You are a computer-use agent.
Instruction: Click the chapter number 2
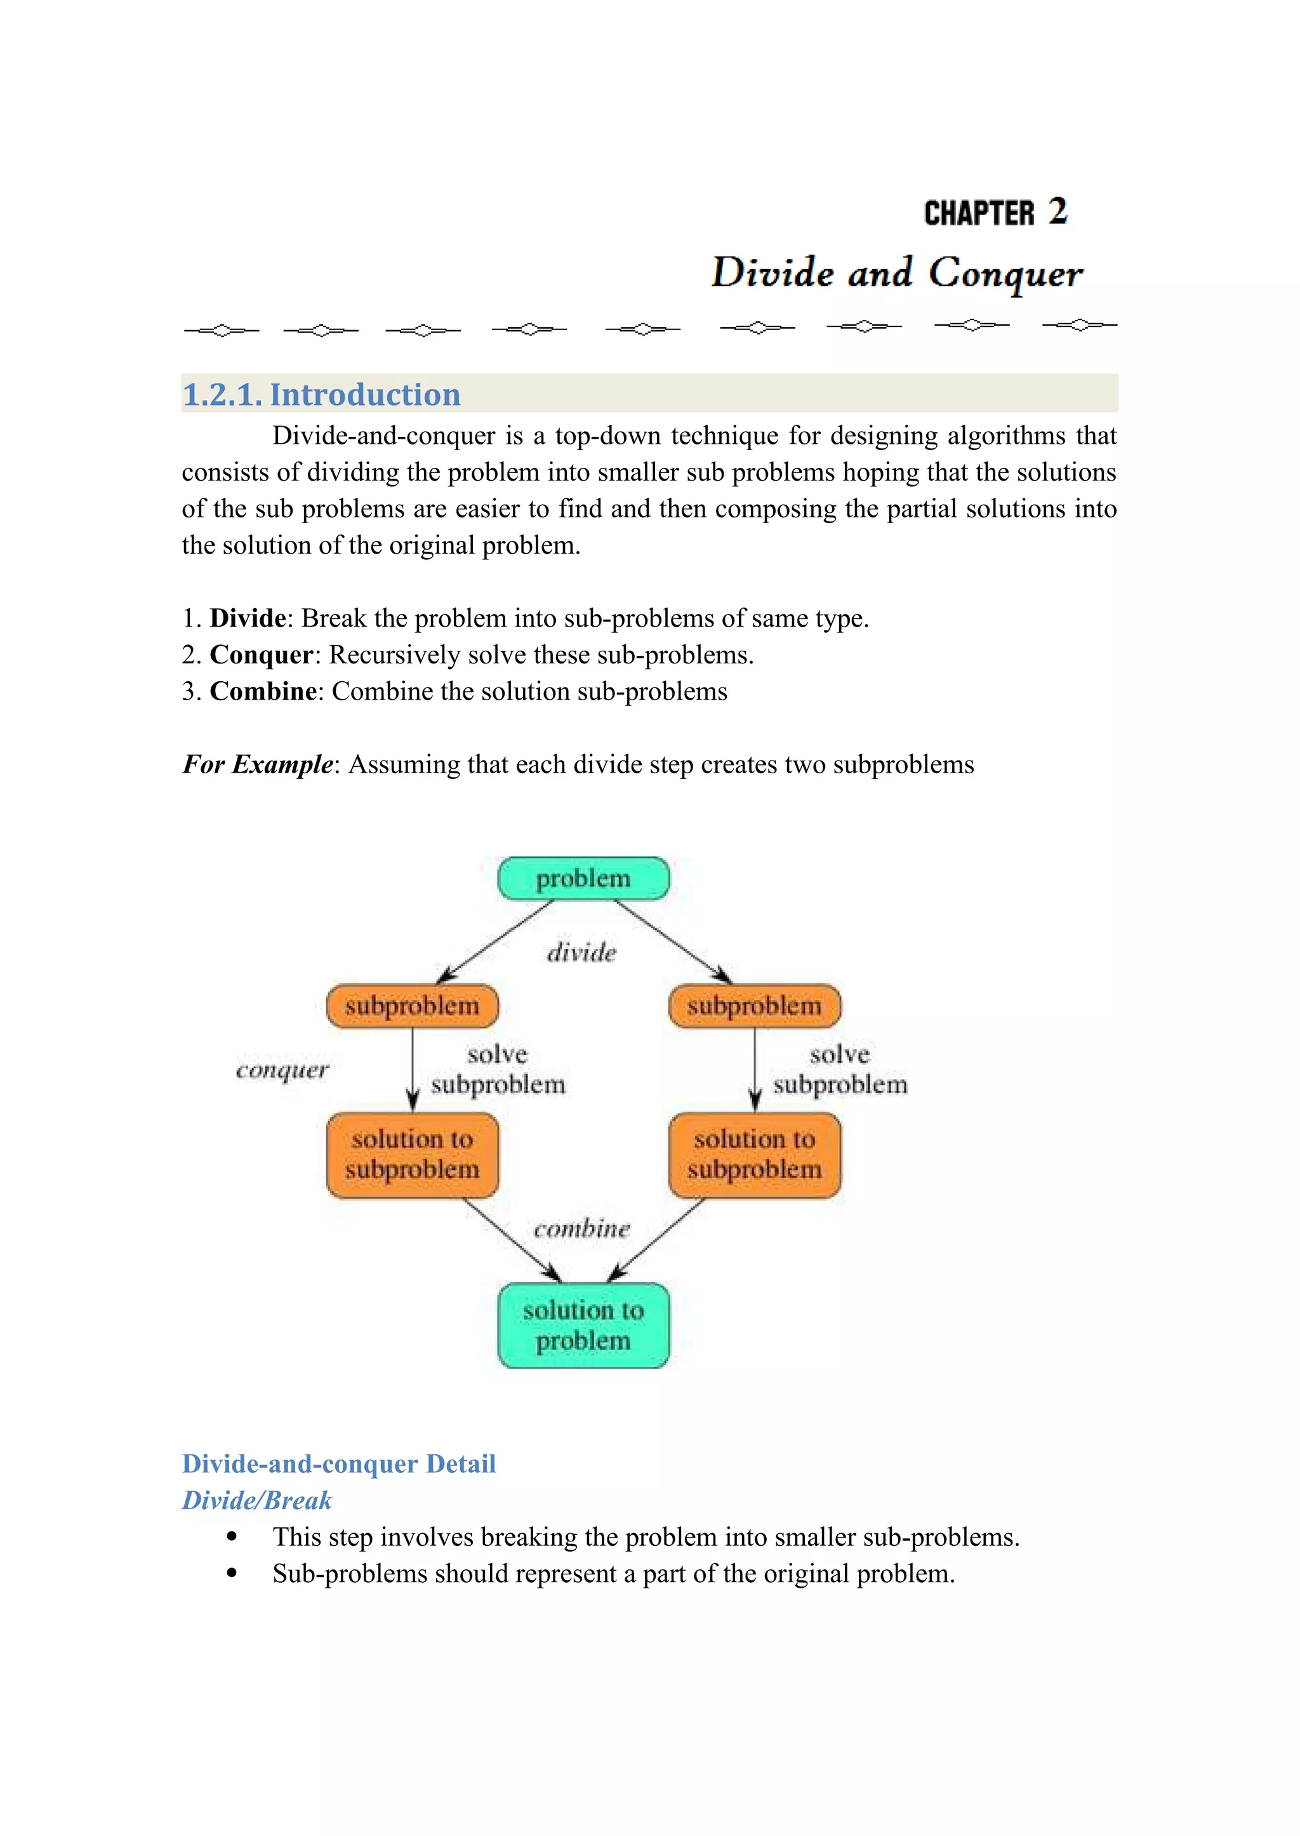pyautogui.click(x=1058, y=212)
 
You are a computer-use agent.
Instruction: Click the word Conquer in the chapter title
pyautogui.click(x=1005, y=273)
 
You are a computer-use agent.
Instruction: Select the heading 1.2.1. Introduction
pyautogui.click(x=322, y=395)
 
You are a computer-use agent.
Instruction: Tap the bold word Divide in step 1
pyautogui.click(x=248, y=618)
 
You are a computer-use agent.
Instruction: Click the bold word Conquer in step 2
pyautogui.click(x=261, y=655)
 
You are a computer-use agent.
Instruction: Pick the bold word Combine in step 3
pyautogui.click(x=263, y=691)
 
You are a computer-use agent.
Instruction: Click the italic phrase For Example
pyautogui.click(x=257, y=764)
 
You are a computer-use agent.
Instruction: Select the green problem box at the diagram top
pyautogui.click(x=583, y=879)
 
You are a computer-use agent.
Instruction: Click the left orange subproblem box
pyautogui.click(x=412, y=1006)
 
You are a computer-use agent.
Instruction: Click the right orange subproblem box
pyautogui.click(x=754, y=1006)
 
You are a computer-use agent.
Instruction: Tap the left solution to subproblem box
pyautogui.click(x=412, y=1155)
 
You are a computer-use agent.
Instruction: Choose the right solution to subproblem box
pyautogui.click(x=754, y=1155)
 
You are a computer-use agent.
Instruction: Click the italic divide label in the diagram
pyautogui.click(x=582, y=953)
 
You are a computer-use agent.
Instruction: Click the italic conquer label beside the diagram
pyautogui.click(x=282, y=1070)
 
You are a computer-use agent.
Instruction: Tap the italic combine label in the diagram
pyautogui.click(x=582, y=1229)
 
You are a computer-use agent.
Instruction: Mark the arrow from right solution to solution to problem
pyautogui.click(x=656, y=1239)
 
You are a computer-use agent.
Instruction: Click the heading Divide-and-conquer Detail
pyautogui.click(x=338, y=1464)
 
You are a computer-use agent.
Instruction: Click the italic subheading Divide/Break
pyautogui.click(x=256, y=1501)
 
